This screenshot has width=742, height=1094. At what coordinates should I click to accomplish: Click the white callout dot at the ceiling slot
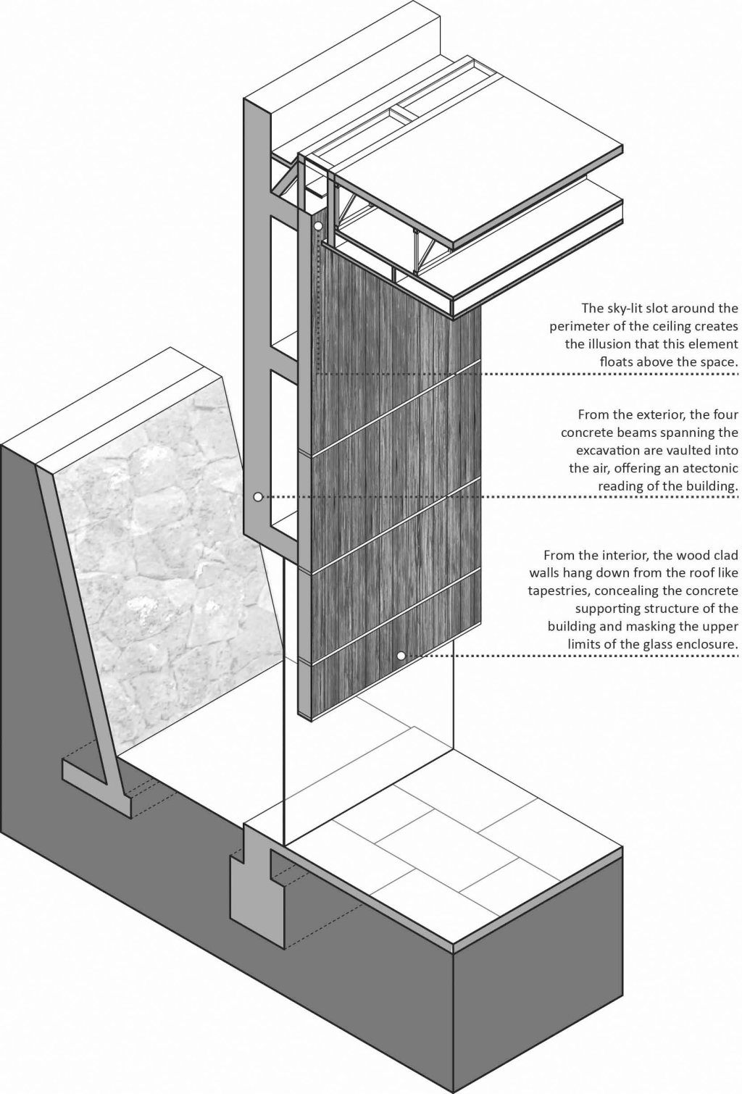[318, 226]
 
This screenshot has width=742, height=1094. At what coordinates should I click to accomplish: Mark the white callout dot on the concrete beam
[257, 497]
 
